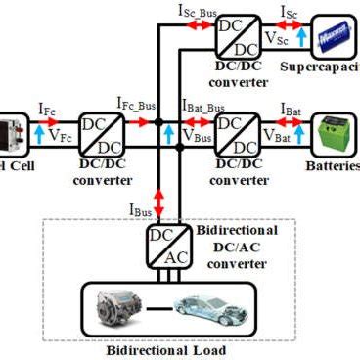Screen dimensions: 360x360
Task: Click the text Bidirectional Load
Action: coord(167,349)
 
